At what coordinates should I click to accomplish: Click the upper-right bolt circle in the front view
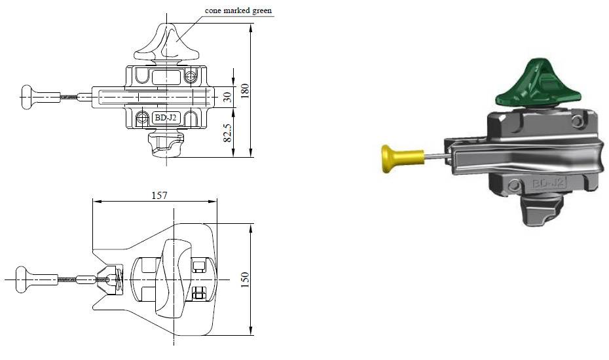[x=190, y=77]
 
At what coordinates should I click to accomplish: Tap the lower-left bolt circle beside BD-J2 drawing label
[x=143, y=118]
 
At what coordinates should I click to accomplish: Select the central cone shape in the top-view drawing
[x=172, y=278]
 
